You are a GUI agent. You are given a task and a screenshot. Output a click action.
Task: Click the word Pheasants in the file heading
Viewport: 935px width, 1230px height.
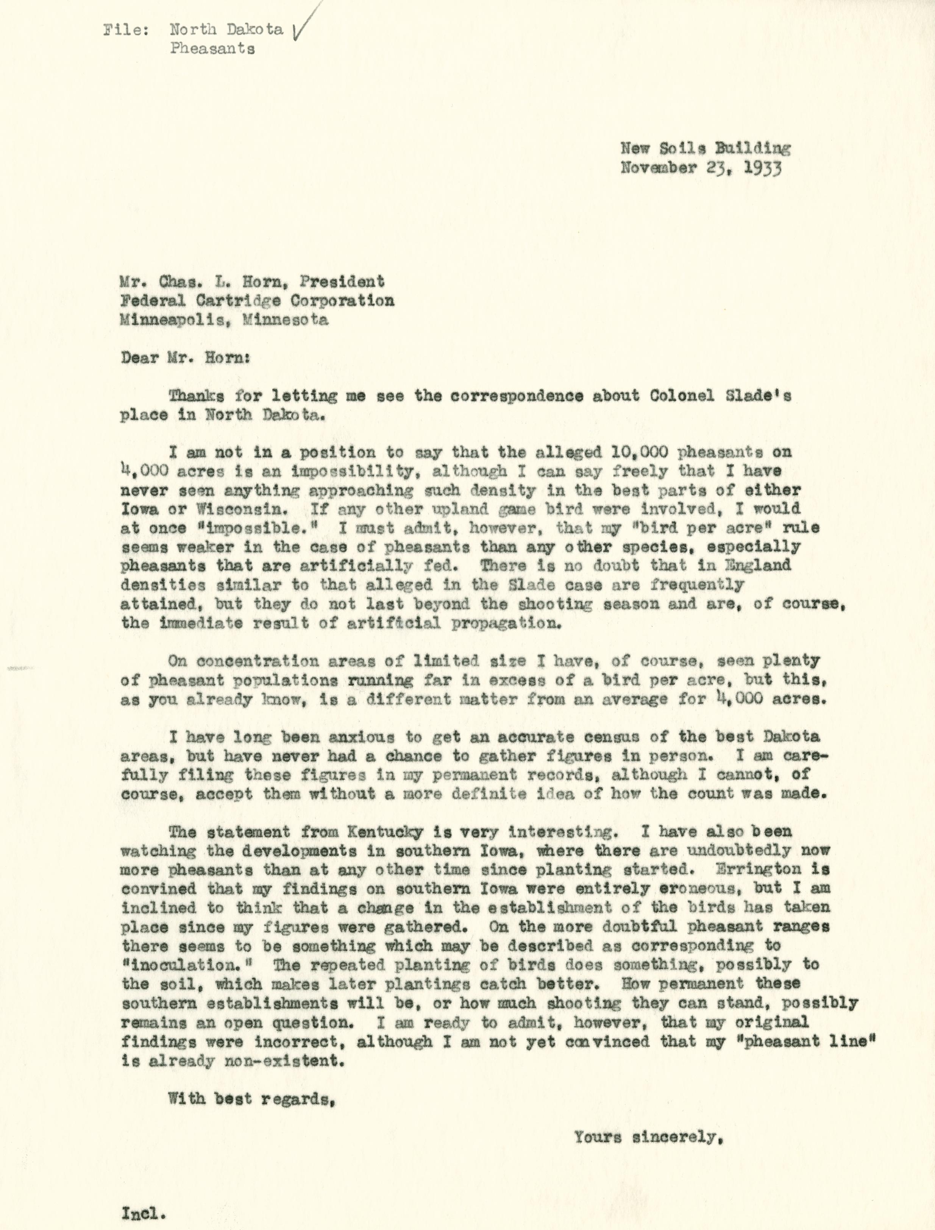(x=212, y=48)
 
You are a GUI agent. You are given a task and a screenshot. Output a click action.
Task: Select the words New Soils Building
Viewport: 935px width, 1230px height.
(x=705, y=148)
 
